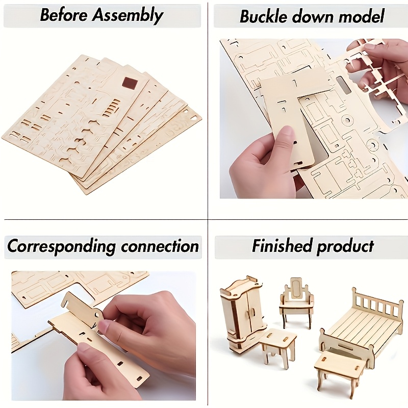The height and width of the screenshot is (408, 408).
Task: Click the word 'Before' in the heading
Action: coord(64,15)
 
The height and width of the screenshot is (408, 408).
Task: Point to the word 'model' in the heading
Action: coord(359,16)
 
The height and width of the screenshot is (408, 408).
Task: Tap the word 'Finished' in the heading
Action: coord(282,246)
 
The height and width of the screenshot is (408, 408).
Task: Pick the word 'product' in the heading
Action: coord(345,246)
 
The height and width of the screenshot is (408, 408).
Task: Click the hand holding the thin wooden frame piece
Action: coord(380,64)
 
